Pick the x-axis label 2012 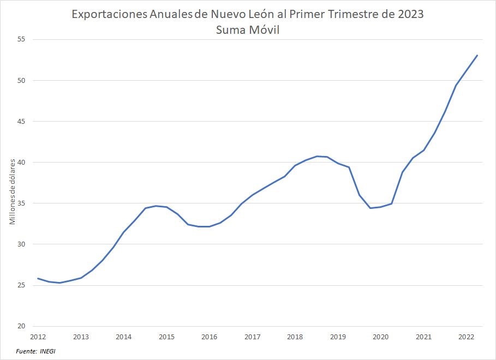38,337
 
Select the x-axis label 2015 166,337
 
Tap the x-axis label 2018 295,337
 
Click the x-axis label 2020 380,337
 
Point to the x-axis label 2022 466,337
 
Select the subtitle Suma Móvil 248,31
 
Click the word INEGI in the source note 47,351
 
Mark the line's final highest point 477,55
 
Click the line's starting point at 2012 38,278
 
